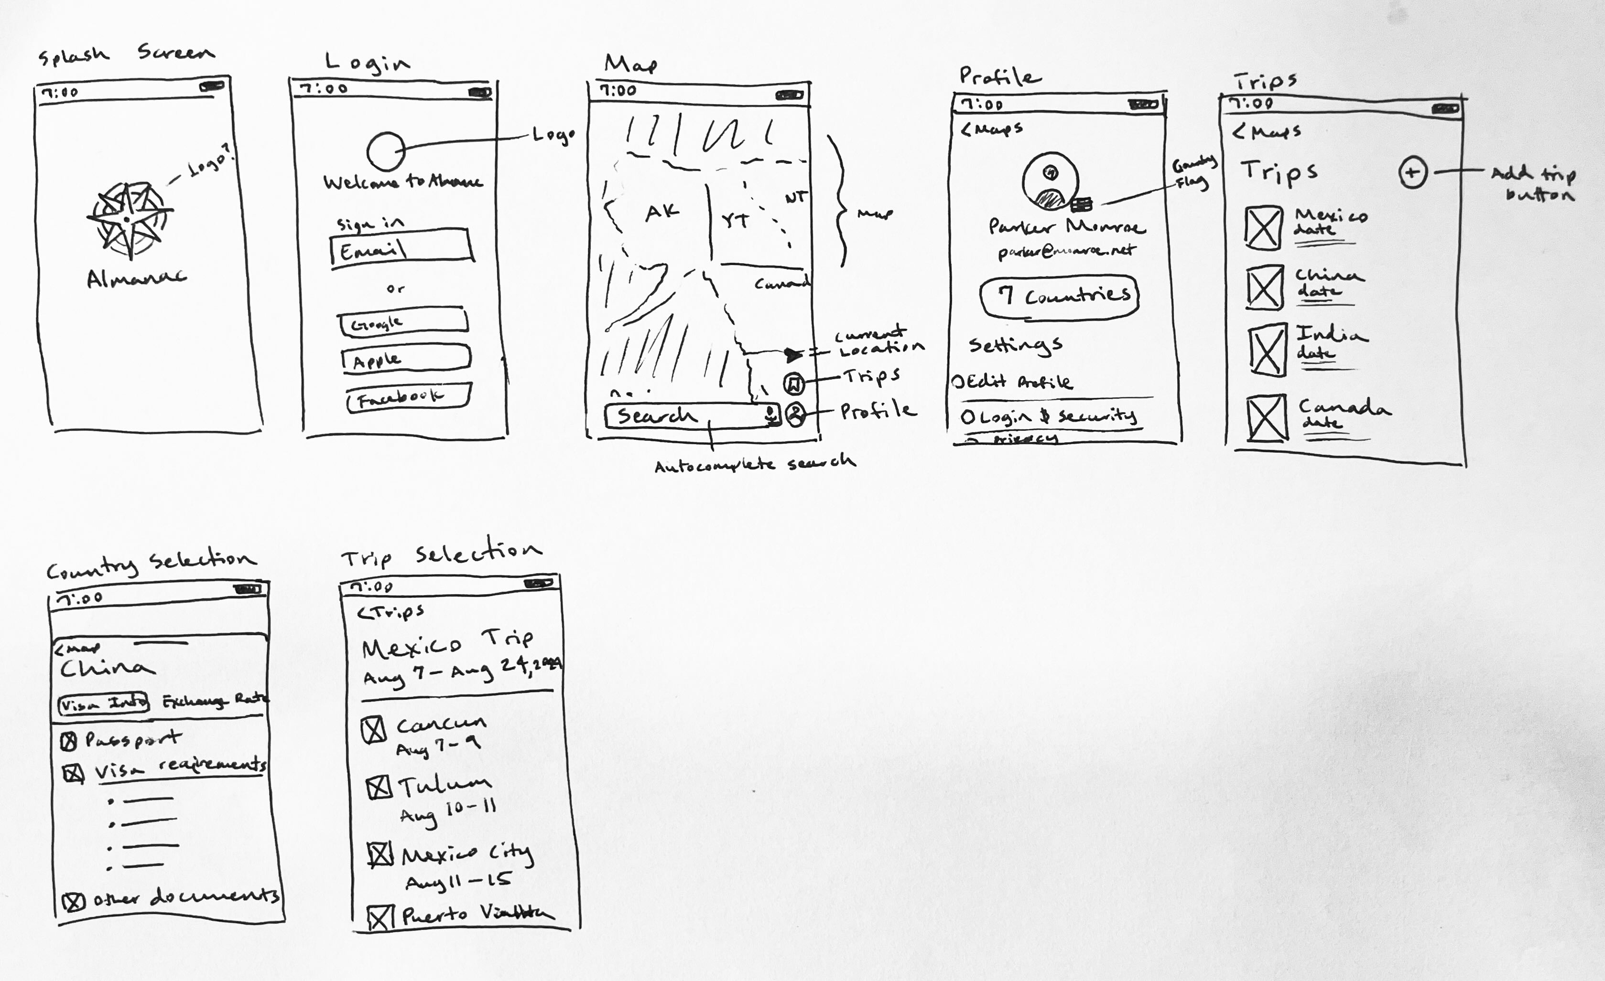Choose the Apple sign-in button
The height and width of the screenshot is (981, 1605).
(x=405, y=359)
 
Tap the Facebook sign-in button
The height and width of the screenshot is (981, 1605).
(x=408, y=396)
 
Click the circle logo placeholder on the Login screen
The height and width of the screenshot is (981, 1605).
(x=386, y=151)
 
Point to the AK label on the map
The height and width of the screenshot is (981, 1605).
(x=662, y=212)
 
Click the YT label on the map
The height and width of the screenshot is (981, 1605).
(x=736, y=221)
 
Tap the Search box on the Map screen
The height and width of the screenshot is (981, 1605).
(x=684, y=416)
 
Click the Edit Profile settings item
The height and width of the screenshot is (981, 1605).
(x=1013, y=382)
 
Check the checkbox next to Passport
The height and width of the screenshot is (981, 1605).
(x=68, y=741)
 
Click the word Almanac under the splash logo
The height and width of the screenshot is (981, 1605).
(x=136, y=278)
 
